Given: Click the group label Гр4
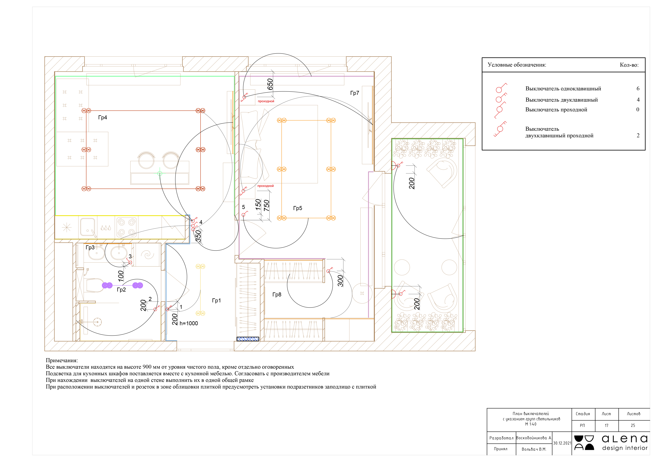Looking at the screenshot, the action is click(x=102, y=117).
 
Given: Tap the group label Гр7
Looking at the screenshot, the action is click(x=355, y=93).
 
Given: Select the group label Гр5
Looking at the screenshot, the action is click(x=298, y=208).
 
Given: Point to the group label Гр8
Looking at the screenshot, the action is click(x=277, y=294).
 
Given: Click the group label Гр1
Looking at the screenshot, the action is click(x=216, y=301).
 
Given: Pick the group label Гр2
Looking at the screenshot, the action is click(x=121, y=290).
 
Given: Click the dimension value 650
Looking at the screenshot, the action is click(x=270, y=84).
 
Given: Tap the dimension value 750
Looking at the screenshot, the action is click(x=266, y=206).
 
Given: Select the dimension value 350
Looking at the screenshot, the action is click(x=198, y=236).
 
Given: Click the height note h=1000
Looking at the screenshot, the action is click(x=189, y=323).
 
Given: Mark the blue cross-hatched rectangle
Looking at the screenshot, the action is click(x=248, y=339).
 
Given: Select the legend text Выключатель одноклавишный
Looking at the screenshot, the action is click(x=563, y=89).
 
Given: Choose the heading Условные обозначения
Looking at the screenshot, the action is click(x=517, y=65).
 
